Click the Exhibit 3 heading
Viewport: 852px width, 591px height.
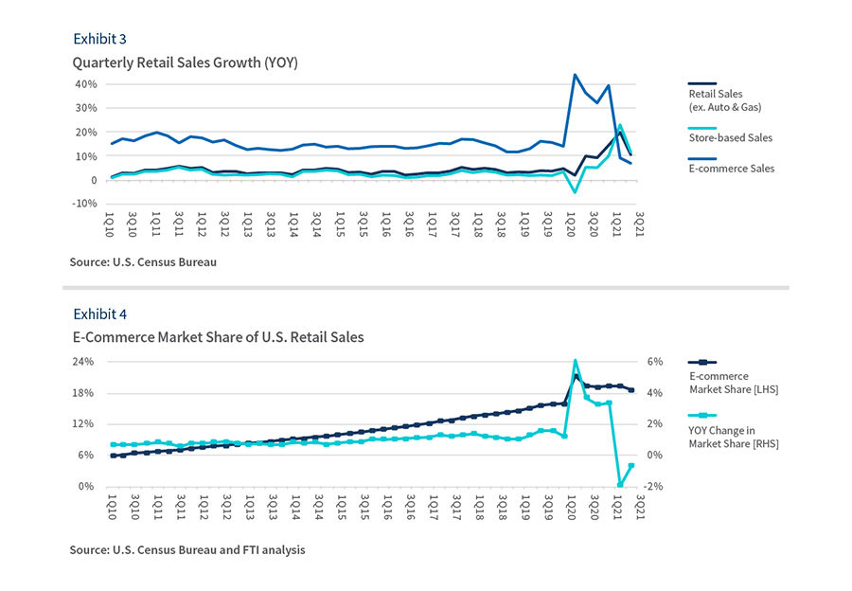(99, 39)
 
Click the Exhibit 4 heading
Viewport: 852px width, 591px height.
(99, 313)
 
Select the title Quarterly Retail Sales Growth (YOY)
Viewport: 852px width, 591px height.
(186, 63)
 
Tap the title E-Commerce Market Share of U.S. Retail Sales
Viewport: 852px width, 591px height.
(218, 337)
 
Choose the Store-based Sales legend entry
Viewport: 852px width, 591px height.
(730, 137)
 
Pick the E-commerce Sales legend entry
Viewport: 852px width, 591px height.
(731, 169)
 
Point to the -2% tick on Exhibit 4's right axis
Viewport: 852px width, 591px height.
(652, 486)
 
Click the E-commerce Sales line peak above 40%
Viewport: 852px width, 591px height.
(575, 75)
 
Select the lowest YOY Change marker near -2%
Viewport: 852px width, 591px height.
(621, 485)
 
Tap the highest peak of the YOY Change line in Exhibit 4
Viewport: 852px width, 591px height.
(575, 361)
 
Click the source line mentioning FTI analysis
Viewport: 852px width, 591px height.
(186, 549)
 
